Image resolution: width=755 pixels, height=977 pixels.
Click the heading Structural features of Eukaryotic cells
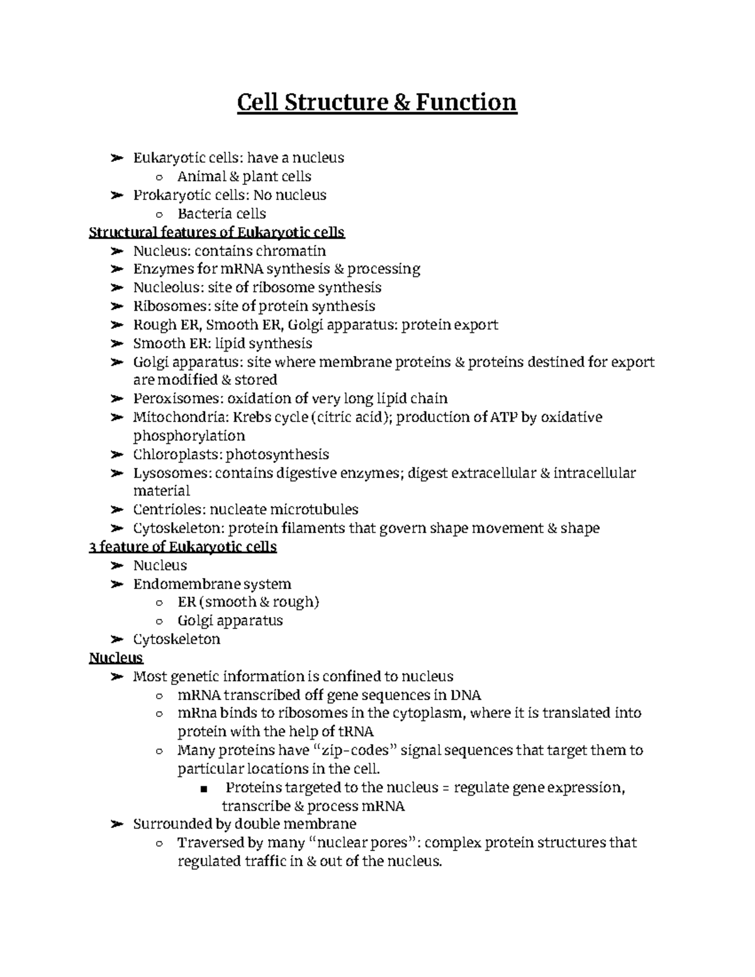217,233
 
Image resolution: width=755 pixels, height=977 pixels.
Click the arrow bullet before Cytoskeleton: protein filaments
116,528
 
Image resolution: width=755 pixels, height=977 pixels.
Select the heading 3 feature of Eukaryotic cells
183,547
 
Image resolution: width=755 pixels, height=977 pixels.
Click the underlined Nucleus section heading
116,658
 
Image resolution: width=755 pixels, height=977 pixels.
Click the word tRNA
356,732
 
